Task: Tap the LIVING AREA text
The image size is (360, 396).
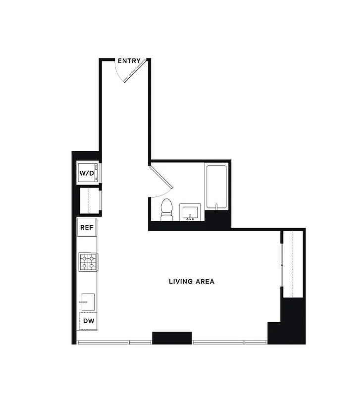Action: click(x=191, y=282)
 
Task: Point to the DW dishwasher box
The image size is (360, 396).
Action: click(x=88, y=321)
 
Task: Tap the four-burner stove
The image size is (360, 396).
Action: click(x=88, y=262)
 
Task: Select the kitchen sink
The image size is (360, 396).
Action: click(x=88, y=301)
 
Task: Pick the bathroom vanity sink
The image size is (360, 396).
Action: click(x=190, y=212)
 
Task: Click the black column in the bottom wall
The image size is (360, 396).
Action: click(x=171, y=338)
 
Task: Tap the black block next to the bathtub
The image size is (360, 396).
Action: click(x=217, y=218)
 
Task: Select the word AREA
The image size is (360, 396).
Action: click(x=205, y=282)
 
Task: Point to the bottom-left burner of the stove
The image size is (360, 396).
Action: click(x=84, y=266)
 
